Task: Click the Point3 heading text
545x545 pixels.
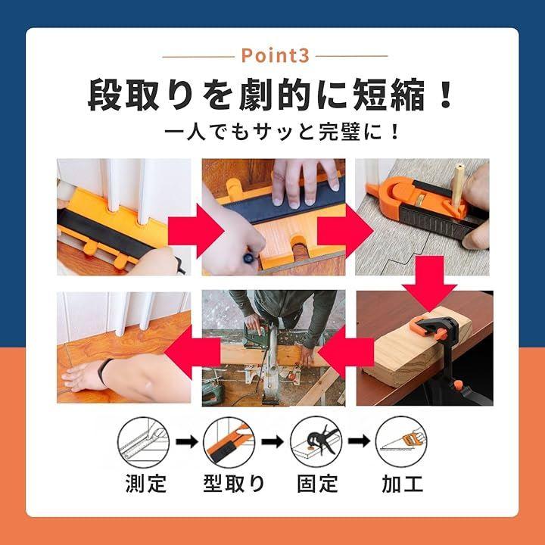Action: (x=275, y=55)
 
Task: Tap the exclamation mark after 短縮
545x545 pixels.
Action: (x=445, y=95)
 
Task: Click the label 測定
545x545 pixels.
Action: (x=146, y=484)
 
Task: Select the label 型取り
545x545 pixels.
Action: (x=234, y=484)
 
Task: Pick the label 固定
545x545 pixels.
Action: (x=317, y=484)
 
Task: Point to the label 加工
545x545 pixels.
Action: (x=402, y=484)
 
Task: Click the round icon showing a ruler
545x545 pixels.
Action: (x=143, y=443)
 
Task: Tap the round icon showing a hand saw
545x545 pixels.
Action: (x=401, y=441)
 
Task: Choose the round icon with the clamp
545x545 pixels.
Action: (x=316, y=442)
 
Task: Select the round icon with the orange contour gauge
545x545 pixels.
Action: (x=229, y=443)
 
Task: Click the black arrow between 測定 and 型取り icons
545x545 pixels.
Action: (x=187, y=442)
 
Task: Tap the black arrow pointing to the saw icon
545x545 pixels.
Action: (x=359, y=441)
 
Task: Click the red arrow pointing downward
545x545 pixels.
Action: (x=430, y=283)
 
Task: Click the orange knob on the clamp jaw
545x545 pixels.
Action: (x=441, y=335)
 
